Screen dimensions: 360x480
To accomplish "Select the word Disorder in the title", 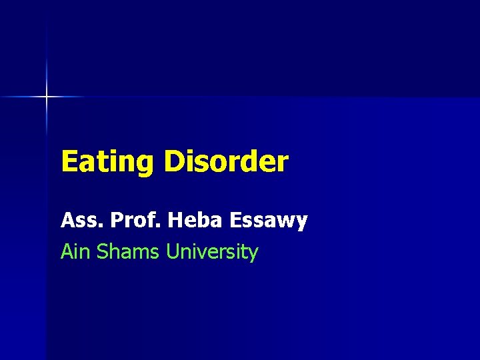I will (226, 162).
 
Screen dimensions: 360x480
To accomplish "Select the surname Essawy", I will (270, 221).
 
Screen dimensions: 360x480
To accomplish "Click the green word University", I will (212, 252).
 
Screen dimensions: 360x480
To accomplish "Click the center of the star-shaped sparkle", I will (47, 97).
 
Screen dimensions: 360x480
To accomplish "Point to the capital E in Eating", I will (69, 162).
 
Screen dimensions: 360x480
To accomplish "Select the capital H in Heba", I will (176, 221).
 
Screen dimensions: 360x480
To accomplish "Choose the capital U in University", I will (173, 252).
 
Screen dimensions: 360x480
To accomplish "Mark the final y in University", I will (253, 255).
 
